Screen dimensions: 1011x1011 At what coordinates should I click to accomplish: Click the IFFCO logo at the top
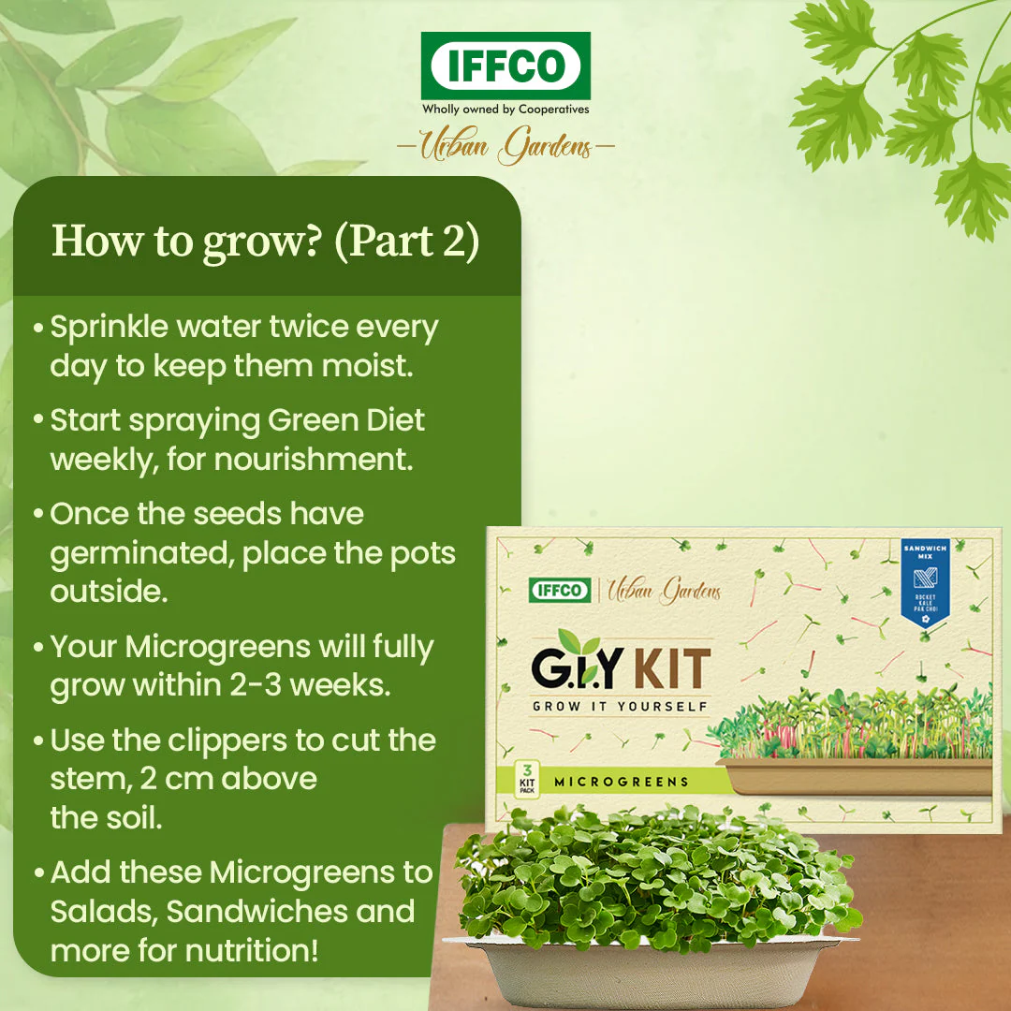(505, 66)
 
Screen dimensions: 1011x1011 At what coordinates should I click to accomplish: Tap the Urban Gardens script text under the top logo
(505, 147)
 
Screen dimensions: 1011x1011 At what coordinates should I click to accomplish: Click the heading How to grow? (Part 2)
(266, 241)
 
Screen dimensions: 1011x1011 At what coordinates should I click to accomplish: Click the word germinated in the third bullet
(141, 553)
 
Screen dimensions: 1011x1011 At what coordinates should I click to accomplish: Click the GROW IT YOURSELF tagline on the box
(621, 706)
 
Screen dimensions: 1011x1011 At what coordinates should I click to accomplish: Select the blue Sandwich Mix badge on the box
(925, 580)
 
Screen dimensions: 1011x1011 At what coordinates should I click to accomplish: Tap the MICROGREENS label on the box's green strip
(621, 782)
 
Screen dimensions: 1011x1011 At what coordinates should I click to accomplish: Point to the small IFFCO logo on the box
(560, 590)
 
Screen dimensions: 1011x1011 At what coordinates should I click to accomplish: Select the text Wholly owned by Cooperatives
(505, 110)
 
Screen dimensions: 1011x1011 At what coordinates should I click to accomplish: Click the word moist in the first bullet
(366, 366)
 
